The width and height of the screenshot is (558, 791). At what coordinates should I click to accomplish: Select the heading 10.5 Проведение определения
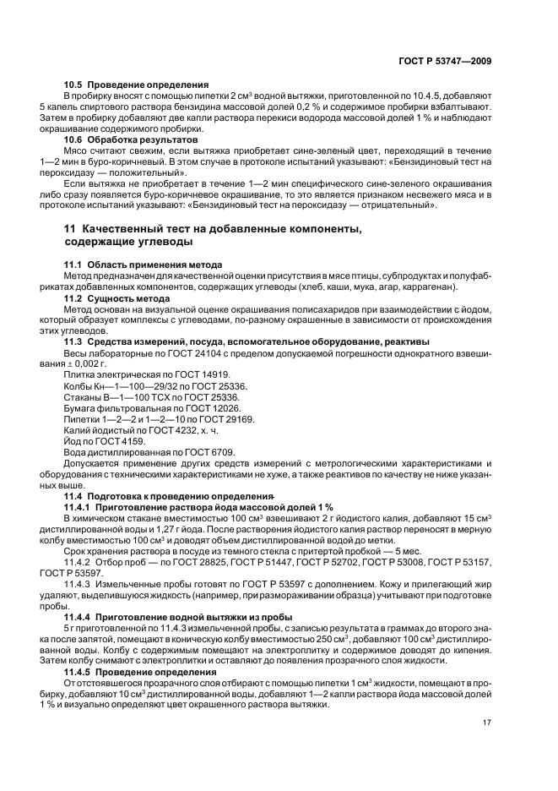point(136,85)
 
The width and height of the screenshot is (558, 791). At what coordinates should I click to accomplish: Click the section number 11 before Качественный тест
point(70,229)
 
